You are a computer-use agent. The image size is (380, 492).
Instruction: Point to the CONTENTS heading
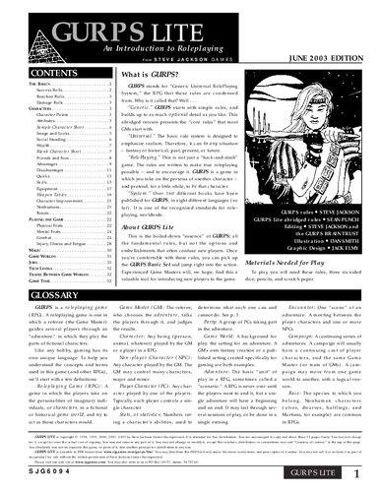click(40, 74)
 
